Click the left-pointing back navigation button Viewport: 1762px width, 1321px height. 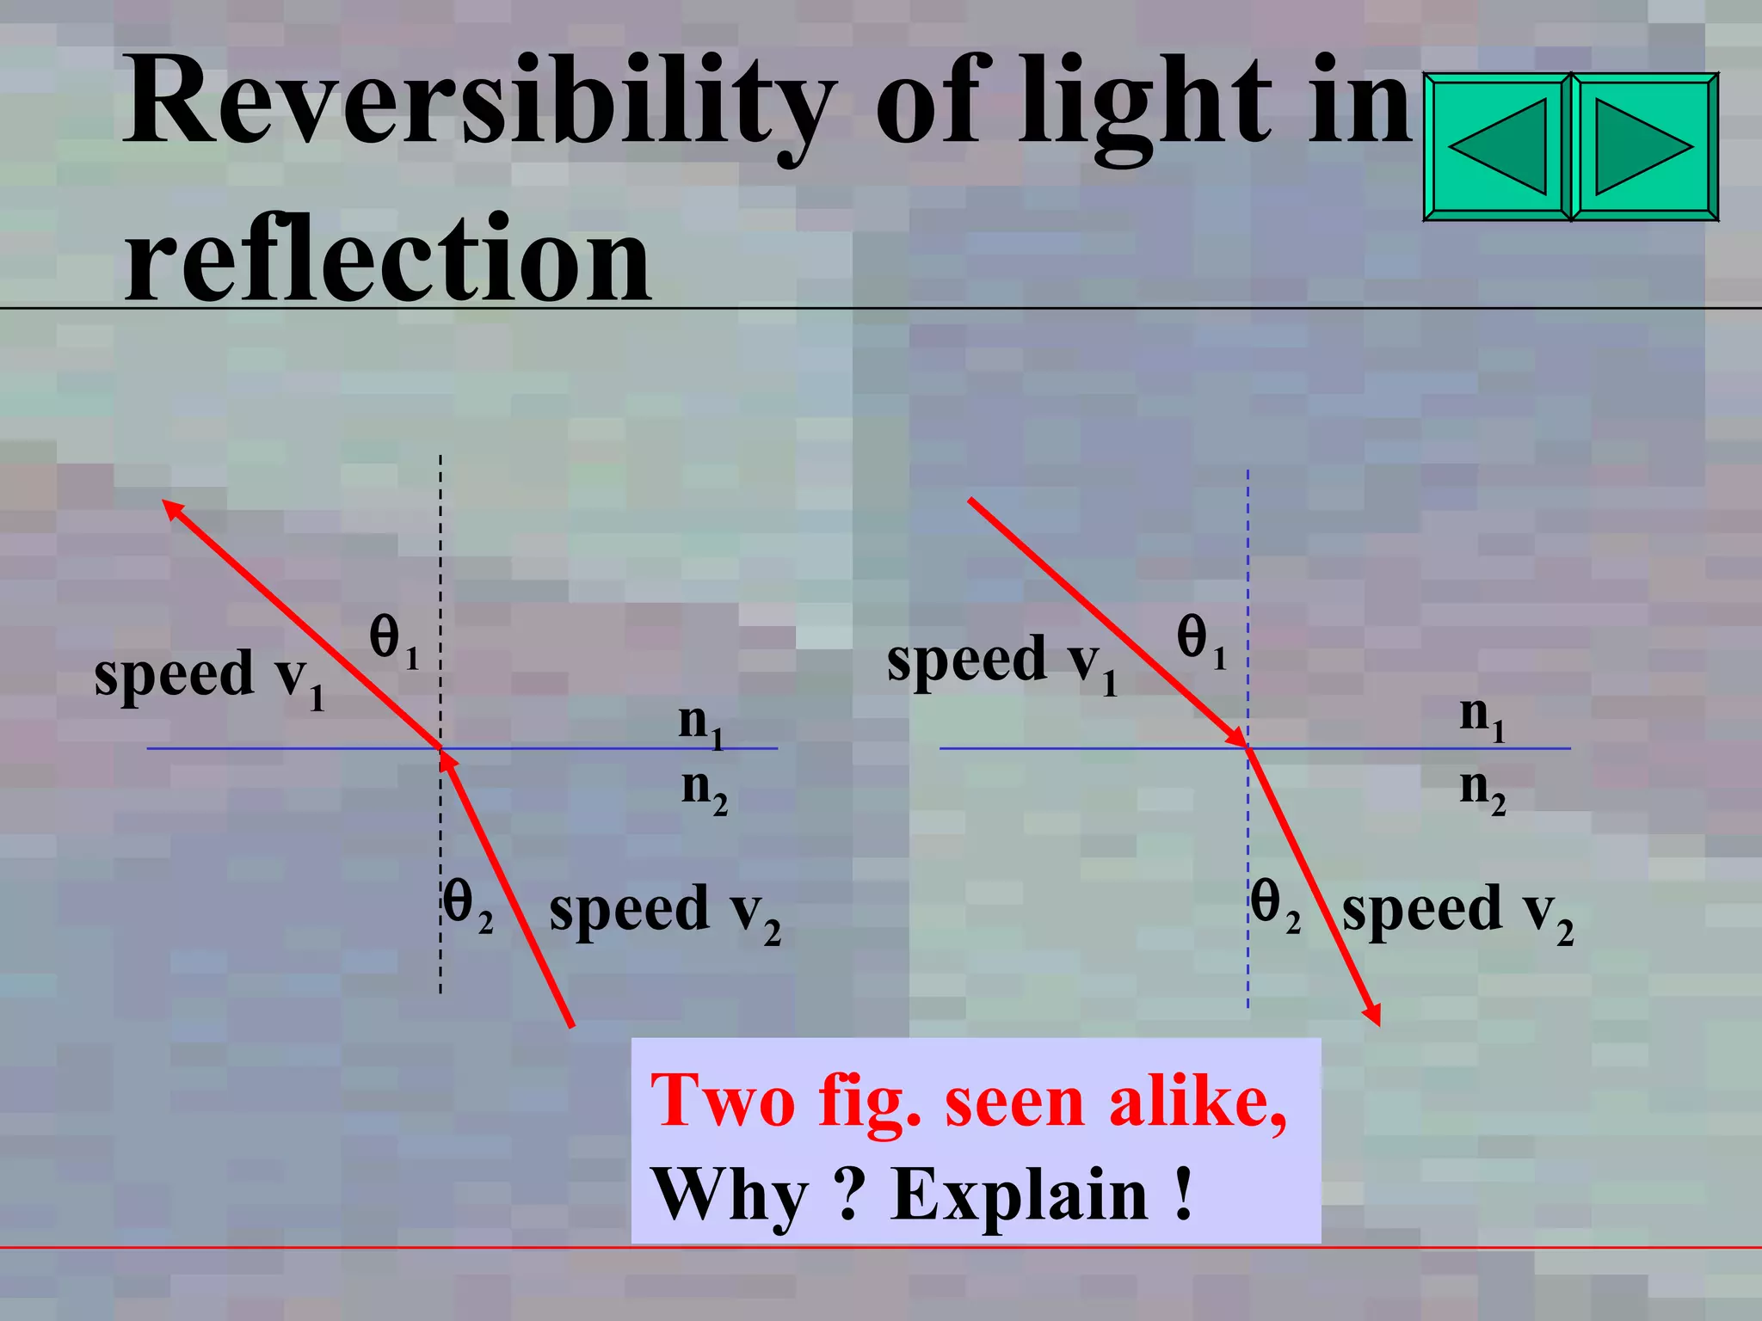tap(1498, 147)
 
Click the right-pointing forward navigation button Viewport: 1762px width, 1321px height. tap(1644, 147)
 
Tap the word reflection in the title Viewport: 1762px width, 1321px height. tap(387, 258)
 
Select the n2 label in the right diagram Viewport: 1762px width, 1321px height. tap(1482, 790)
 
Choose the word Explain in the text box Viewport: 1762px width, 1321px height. tap(1019, 1195)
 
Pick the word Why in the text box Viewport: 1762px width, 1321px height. tap(730, 1195)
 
